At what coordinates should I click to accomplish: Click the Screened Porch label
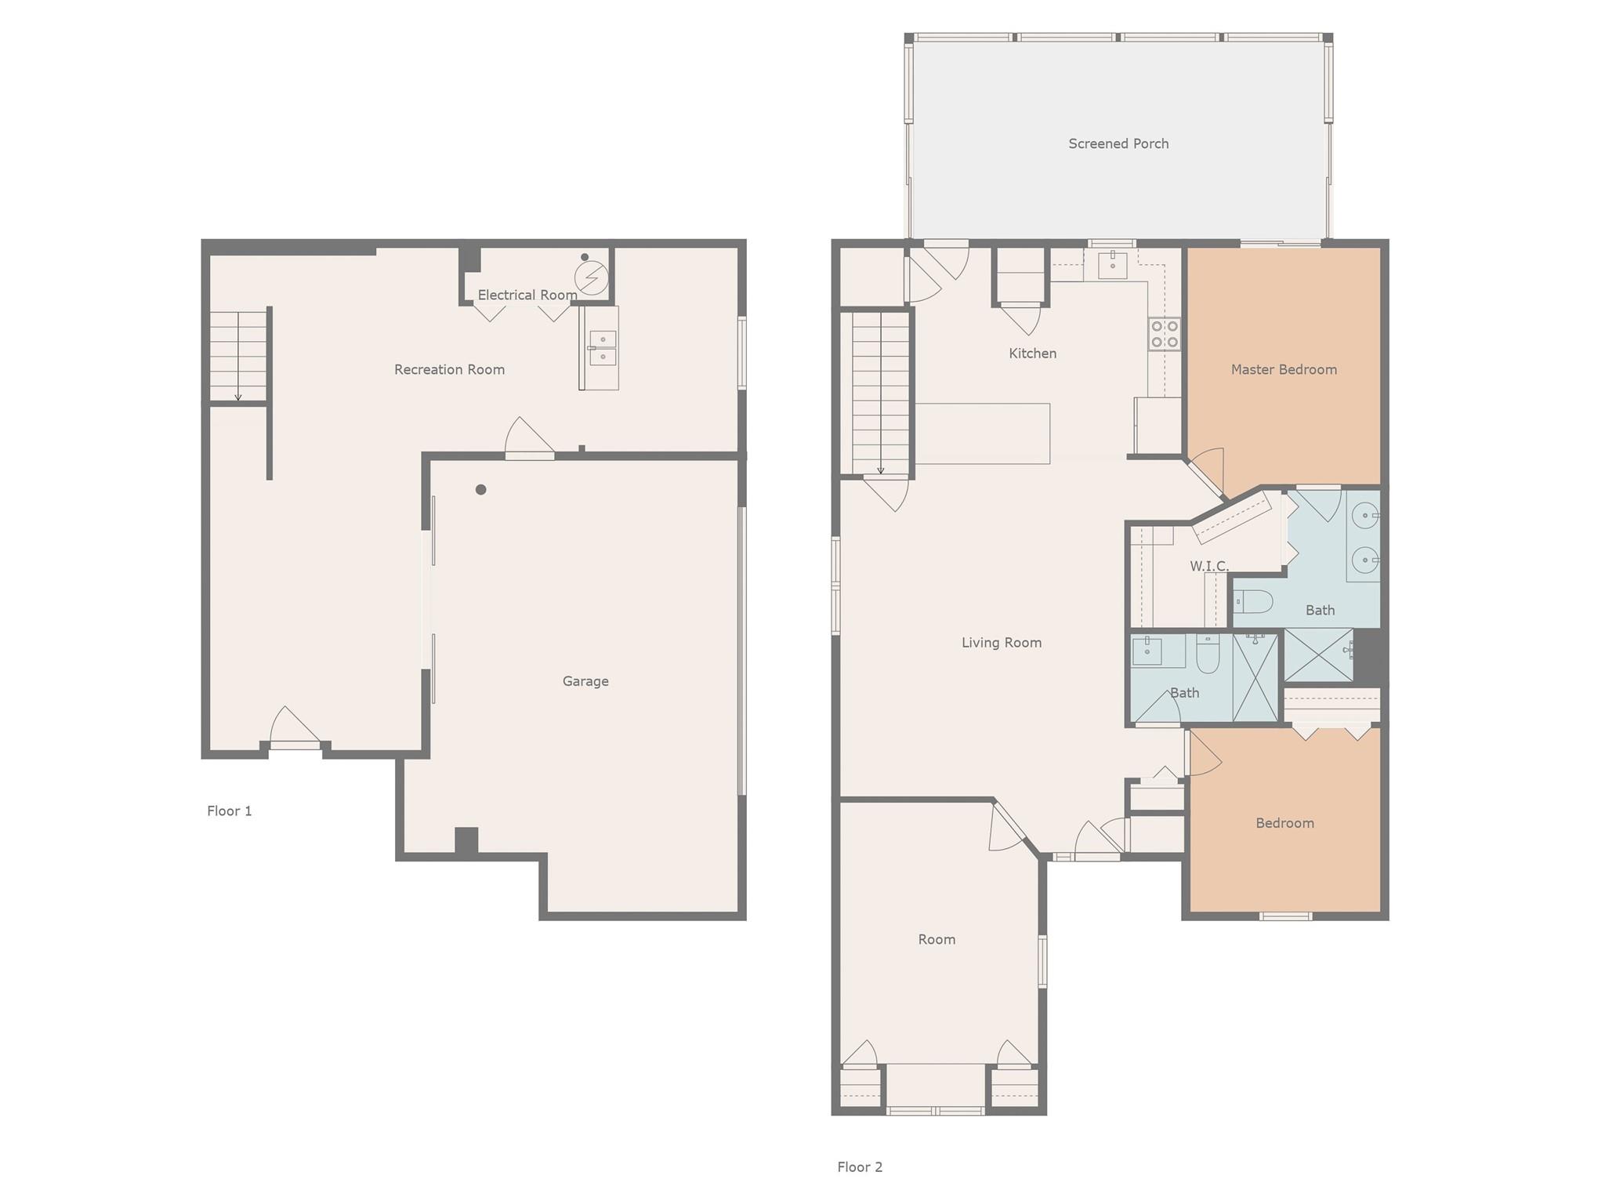[x=1118, y=143]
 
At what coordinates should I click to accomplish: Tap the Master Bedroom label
[x=1284, y=369]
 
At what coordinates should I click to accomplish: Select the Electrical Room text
[x=527, y=295]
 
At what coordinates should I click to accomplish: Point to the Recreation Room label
[x=449, y=369]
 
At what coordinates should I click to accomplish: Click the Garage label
[x=585, y=681]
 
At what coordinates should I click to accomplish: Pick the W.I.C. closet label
[x=1209, y=566]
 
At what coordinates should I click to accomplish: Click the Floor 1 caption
[x=230, y=811]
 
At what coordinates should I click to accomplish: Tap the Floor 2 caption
[x=860, y=1166]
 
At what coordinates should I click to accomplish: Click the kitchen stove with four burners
[x=1165, y=334]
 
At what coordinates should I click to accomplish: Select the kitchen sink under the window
[x=1112, y=265]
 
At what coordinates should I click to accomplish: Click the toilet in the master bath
[x=1253, y=602]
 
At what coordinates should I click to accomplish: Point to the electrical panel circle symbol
[x=591, y=277]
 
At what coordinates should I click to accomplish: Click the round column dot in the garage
[x=481, y=490]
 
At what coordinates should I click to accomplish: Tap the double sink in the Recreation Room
[x=603, y=348]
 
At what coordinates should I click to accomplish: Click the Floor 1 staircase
[x=238, y=356]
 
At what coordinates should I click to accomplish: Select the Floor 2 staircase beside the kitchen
[x=880, y=393]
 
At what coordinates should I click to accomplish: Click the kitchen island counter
[x=983, y=433]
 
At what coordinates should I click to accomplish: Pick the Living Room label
[x=1002, y=643]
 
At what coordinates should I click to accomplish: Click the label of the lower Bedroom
[x=1284, y=823]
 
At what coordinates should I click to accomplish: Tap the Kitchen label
[x=1032, y=354]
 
